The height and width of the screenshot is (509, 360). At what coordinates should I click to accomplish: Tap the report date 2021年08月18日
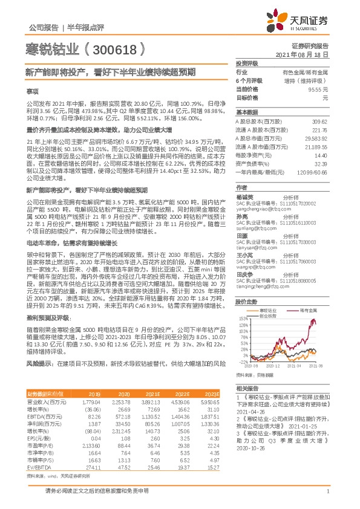307,54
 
